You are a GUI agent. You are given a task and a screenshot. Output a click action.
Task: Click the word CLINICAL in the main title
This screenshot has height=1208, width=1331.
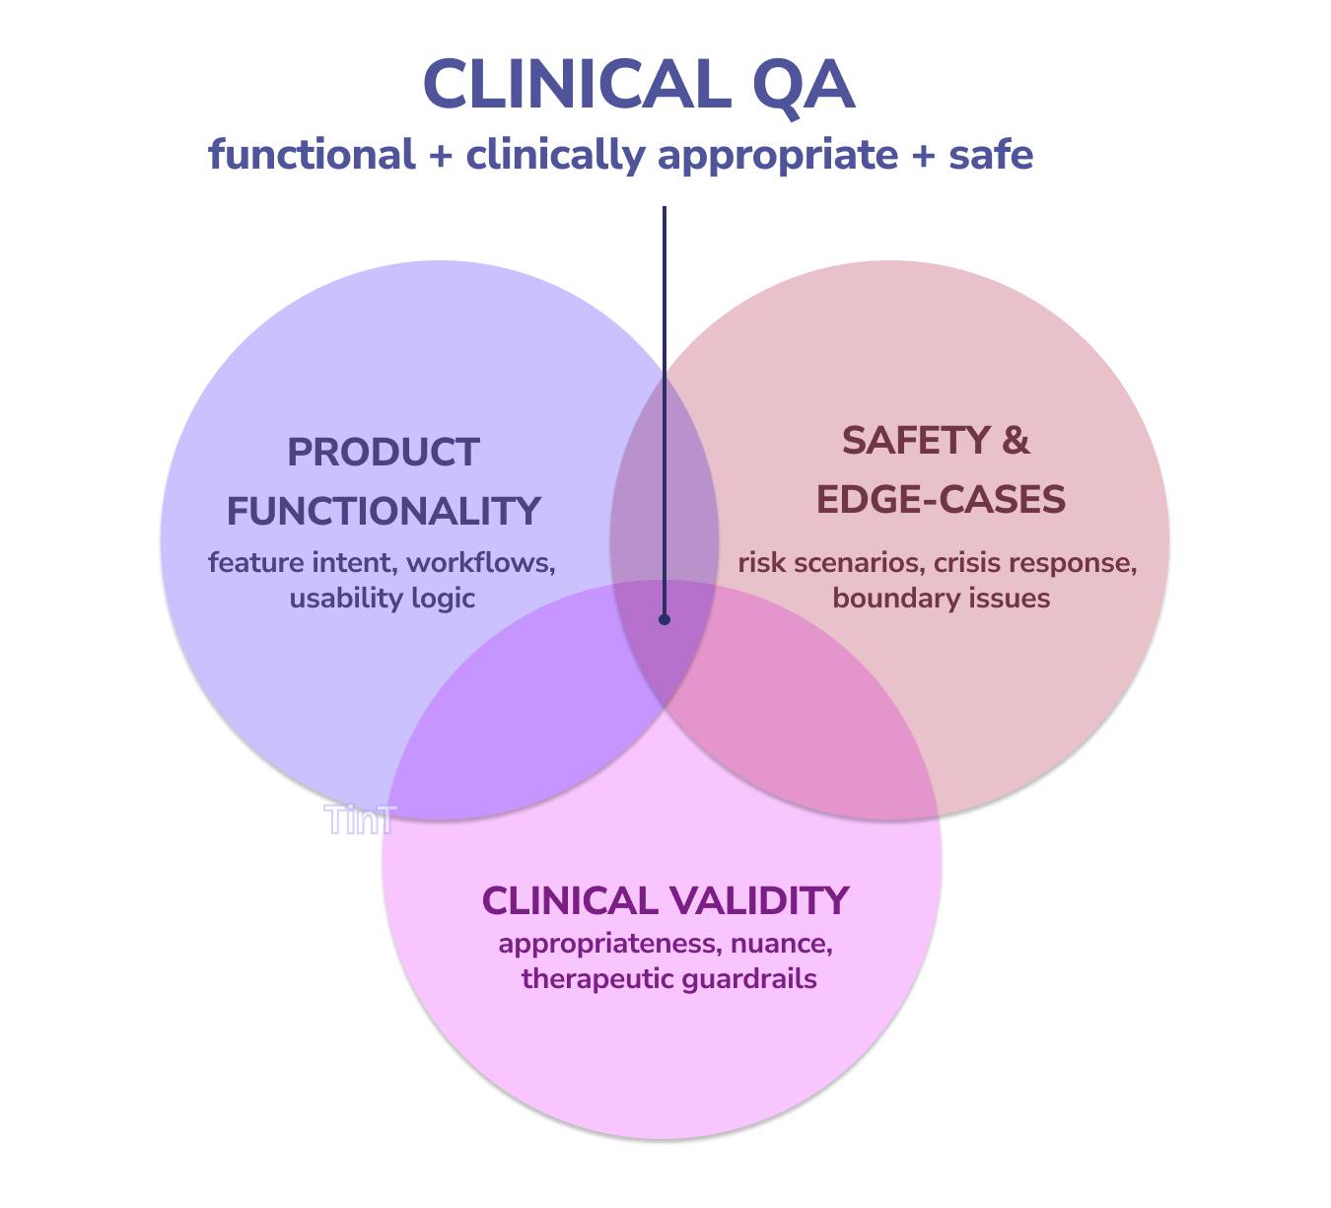576,85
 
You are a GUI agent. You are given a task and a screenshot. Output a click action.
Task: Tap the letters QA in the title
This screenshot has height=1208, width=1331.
803,87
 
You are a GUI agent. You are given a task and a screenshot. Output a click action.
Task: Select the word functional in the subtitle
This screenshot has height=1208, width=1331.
312,155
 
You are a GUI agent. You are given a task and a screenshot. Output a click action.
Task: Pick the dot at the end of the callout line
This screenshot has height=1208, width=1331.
665,619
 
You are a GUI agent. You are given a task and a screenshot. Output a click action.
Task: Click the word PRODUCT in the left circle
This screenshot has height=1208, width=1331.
383,453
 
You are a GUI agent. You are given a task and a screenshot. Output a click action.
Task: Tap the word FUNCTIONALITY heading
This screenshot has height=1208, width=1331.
384,511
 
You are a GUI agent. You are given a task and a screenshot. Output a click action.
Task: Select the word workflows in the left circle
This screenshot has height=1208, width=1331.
480,562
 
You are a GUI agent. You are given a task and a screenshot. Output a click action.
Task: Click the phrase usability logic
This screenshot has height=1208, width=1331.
383,598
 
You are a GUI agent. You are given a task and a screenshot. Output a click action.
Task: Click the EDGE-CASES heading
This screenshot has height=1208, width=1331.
941,499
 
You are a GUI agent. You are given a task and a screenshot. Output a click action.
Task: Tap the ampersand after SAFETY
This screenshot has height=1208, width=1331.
1016,441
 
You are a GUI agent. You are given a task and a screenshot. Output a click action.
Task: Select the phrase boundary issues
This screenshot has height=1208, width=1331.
941,598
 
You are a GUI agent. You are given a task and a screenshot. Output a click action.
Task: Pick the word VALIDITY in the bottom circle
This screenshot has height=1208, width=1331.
757,900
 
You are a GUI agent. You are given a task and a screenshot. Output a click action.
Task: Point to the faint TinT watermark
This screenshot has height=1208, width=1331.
360,819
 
